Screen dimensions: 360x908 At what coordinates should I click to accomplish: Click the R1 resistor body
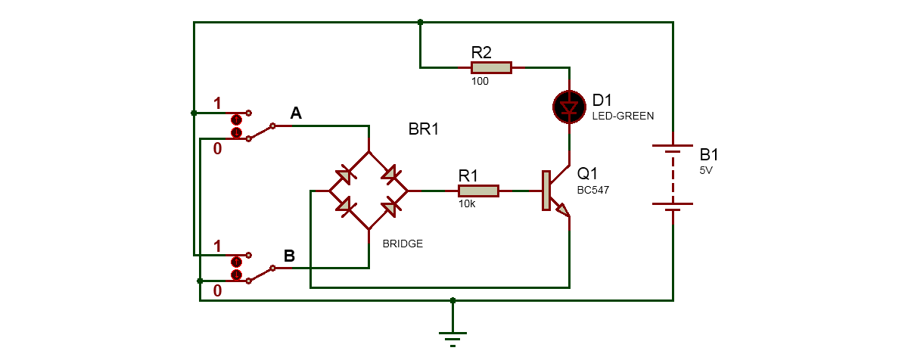click(477, 191)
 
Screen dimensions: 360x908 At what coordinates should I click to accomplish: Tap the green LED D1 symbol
click(567, 107)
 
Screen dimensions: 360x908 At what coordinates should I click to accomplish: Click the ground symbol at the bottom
click(452, 337)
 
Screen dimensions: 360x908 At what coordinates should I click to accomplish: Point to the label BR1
click(424, 129)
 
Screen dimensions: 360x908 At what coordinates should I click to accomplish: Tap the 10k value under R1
click(466, 205)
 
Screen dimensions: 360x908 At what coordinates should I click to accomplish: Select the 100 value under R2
click(480, 81)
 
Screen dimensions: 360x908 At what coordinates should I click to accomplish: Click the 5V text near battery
click(707, 170)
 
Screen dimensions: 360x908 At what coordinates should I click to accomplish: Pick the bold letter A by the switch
click(296, 113)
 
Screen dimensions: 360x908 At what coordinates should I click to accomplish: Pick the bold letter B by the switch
click(289, 256)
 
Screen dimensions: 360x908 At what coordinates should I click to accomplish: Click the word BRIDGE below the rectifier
click(403, 244)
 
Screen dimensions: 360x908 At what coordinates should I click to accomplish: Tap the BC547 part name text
click(593, 191)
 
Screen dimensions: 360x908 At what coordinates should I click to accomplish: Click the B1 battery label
click(709, 155)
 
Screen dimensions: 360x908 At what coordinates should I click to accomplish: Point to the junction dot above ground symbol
click(452, 300)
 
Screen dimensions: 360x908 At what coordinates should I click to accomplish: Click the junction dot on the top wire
click(421, 23)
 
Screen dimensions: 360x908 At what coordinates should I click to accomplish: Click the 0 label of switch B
click(217, 290)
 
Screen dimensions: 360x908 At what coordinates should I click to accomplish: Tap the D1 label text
click(603, 101)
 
